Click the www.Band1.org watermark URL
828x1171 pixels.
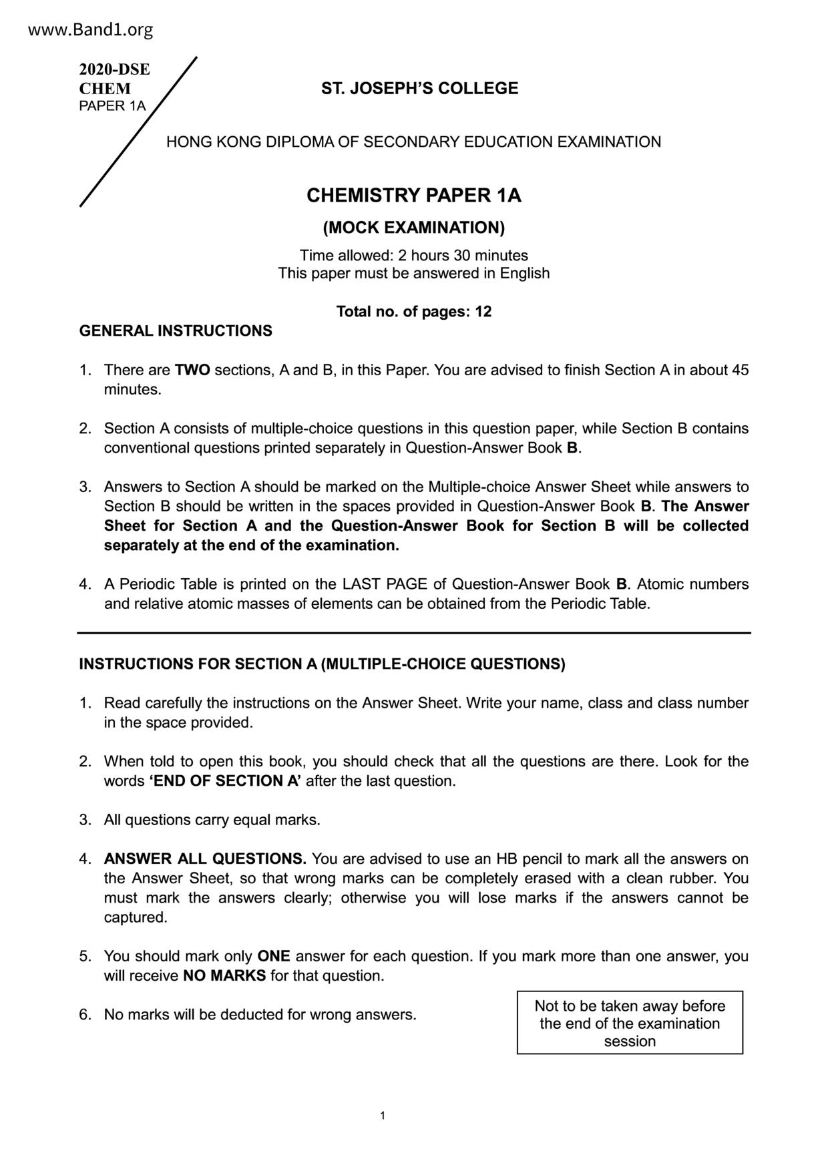tap(91, 30)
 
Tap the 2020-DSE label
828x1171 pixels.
tap(114, 69)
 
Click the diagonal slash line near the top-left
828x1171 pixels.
tap(139, 132)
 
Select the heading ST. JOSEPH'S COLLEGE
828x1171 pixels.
tap(419, 89)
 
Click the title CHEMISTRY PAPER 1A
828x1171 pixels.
tap(413, 196)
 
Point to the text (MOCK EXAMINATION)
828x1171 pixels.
tap(413, 228)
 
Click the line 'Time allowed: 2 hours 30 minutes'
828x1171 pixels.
tap(413, 256)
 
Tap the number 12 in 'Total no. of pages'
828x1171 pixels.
tap(483, 312)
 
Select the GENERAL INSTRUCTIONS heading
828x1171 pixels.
tap(176, 331)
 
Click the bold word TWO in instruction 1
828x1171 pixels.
tap(192, 370)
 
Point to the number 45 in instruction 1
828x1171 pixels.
tap(740, 370)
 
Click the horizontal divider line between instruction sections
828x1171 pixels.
tap(414, 632)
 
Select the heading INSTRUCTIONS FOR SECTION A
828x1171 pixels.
tap(322, 664)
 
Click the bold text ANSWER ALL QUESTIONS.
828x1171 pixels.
tap(205, 859)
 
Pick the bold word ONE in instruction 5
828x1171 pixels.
tap(274, 956)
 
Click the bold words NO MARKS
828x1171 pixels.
tap(224, 976)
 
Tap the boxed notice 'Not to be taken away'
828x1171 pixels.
tap(630, 1023)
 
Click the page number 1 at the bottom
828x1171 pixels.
tap(382, 1116)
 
